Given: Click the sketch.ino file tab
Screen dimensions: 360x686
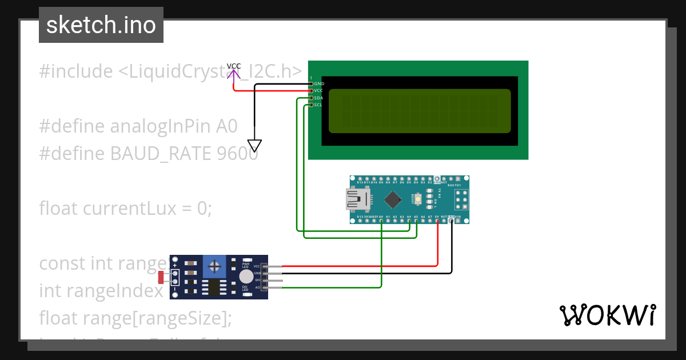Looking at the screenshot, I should [101, 25].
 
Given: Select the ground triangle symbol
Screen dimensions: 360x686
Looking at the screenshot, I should [254, 145].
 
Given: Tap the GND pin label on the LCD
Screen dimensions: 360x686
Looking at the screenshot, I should [319, 83].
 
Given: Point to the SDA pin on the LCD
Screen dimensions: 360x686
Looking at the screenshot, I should [318, 98].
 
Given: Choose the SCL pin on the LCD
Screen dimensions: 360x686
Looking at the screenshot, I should [318, 105].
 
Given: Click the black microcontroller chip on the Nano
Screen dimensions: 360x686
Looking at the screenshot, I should [393, 199].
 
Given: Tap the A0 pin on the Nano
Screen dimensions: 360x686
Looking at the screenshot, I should [381, 220].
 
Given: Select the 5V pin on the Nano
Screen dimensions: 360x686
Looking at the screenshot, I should [437, 220].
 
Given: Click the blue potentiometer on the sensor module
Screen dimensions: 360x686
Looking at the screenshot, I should [214, 266].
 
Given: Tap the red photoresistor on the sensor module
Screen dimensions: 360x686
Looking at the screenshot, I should [161, 278].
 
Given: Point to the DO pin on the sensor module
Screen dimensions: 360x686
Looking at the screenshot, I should [258, 280].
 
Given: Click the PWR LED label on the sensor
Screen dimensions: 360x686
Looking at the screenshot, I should [245, 265].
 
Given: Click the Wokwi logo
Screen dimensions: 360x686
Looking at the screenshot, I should [607, 315].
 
